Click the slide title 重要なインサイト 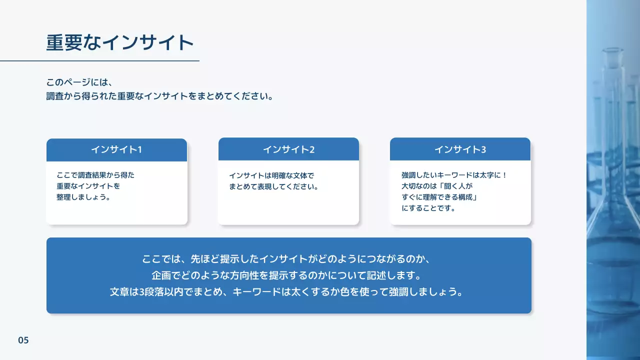click(120, 43)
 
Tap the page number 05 click(23, 340)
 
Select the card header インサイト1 click(116, 149)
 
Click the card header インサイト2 click(288, 149)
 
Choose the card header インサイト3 click(460, 149)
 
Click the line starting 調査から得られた click(160, 96)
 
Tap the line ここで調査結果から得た click(95, 175)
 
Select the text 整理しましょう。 click(83, 197)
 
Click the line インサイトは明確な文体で click(271, 176)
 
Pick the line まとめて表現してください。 click(274, 187)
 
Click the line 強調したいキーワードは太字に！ click(454, 175)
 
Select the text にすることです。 click(429, 208)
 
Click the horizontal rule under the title click(99, 61)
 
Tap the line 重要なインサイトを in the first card click(88, 186)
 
